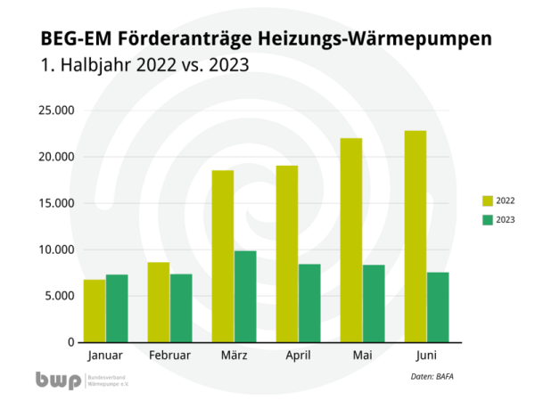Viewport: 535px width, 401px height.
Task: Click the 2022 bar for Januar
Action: (x=95, y=311)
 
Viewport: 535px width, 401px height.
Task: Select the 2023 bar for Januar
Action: (x=117, y=308)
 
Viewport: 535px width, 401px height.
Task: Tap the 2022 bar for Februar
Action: (x=159, y=302)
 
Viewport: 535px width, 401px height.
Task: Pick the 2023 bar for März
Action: (x=245, y=297)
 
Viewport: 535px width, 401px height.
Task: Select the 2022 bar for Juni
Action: (x=416, y=237)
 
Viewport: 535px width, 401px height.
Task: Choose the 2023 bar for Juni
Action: (x=438, y=307)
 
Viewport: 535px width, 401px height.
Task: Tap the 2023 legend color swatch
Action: (x=488, y=219)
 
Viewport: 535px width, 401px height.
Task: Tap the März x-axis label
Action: (x=234, y=356)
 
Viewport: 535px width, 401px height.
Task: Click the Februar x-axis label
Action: (x=169, y=356)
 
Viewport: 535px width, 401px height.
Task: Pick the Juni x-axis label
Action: (x=426, y=356)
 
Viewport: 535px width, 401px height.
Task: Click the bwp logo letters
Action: (x=56, y=381)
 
